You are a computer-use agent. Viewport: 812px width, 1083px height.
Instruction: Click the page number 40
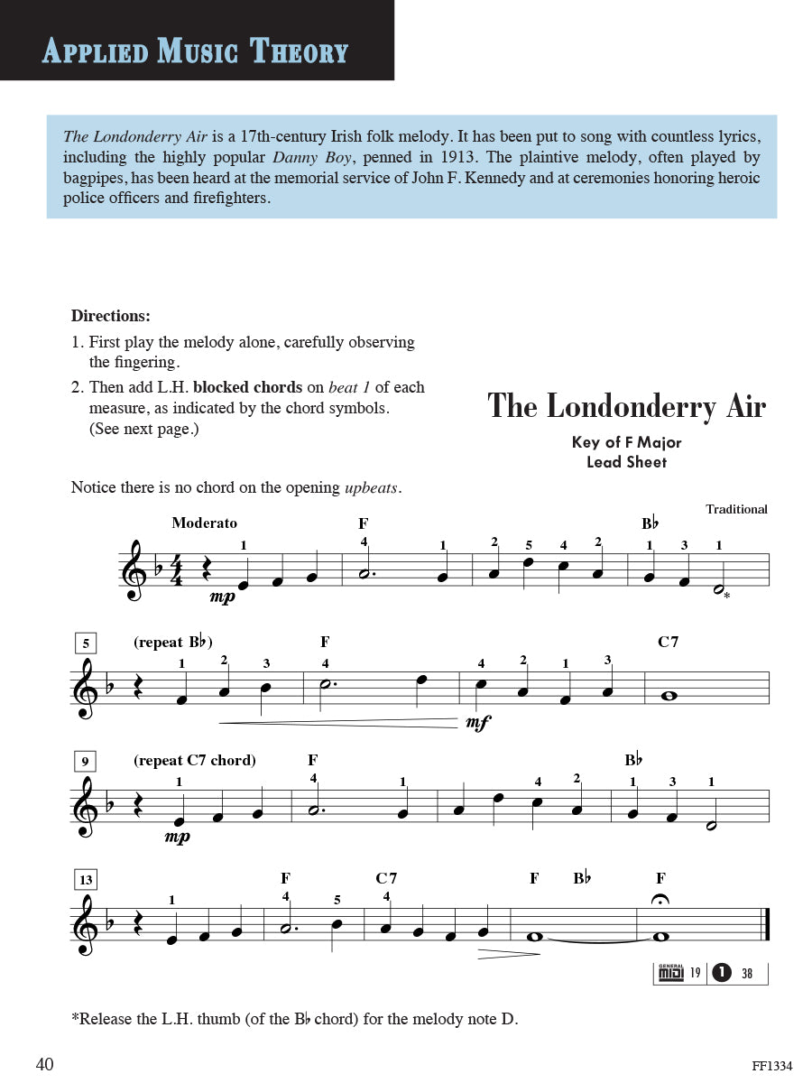coord(45,1065)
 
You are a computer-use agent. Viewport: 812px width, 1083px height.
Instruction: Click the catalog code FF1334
coord(771,1066)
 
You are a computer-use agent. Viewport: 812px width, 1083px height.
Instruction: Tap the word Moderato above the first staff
coord(204,523)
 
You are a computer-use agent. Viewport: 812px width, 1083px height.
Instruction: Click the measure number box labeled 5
coord(85,644)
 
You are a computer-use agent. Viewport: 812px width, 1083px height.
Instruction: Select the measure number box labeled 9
coord(85,762)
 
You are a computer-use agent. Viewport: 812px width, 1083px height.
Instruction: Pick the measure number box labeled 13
coord(85,880)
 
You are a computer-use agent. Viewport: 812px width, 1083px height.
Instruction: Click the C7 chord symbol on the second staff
coord(668,643)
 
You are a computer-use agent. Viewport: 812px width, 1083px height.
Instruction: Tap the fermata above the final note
coord(660,900)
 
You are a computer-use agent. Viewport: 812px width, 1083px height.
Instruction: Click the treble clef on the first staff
coord(135,571)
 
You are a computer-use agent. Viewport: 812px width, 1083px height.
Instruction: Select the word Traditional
coord(736,509)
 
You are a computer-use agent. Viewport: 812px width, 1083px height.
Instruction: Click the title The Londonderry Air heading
coord(626,406)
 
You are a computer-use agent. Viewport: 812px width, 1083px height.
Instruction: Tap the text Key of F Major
coord(626,442)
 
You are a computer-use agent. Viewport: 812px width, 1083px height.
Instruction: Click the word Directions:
coord(111,316)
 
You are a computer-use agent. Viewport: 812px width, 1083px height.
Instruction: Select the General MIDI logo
coord(670,973)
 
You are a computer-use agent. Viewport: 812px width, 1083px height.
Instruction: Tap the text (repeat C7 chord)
coord(194,760)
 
